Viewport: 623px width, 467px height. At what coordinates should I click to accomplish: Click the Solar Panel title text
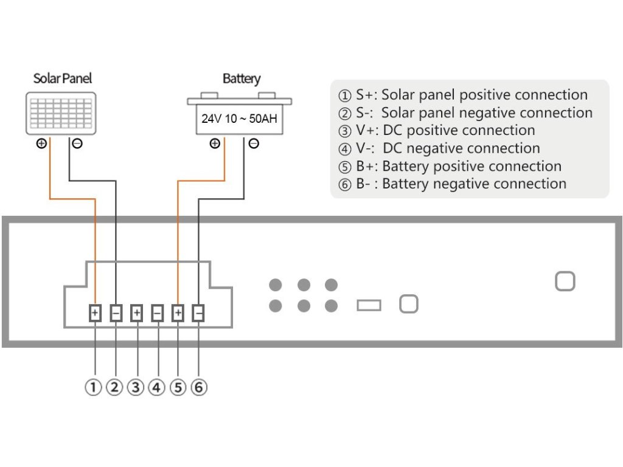63,78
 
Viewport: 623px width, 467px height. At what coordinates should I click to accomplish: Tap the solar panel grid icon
61,113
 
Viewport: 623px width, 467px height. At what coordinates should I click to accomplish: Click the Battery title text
241,78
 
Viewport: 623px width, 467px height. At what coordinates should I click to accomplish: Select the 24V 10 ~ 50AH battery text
239,118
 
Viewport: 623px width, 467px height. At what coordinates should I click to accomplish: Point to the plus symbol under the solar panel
42,144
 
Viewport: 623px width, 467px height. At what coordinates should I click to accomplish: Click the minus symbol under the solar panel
77,144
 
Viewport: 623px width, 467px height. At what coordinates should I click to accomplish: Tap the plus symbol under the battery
214,144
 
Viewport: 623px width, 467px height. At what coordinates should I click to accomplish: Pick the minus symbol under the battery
254,144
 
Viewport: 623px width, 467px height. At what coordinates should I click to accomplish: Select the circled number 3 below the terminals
136,387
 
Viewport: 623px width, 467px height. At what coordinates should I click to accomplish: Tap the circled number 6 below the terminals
199,387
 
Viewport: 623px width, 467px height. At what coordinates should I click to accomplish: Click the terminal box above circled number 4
157,313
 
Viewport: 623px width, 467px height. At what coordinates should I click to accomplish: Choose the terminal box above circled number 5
178,313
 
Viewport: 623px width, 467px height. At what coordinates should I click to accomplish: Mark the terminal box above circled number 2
116,313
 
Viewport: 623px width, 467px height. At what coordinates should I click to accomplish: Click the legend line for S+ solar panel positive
463,95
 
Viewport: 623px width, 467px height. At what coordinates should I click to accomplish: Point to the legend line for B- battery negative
453,184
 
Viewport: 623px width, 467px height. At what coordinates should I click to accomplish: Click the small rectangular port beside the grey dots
369,305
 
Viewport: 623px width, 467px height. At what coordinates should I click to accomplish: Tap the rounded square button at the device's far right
565,281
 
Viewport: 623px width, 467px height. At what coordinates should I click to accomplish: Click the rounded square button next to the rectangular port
408,304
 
